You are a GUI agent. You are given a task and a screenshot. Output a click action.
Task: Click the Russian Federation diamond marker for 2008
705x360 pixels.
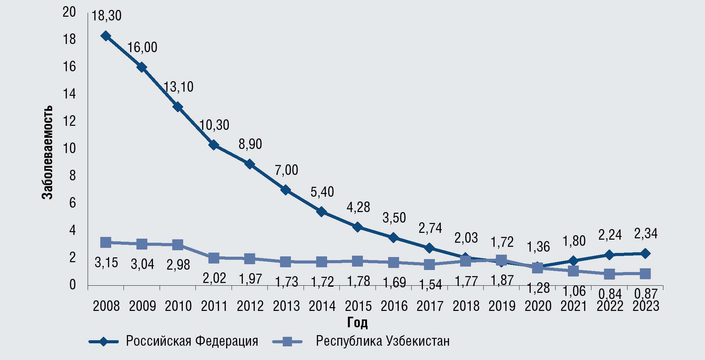click(x=106, y=36)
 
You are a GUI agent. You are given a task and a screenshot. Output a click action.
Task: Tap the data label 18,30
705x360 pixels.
click(x=106, y=16)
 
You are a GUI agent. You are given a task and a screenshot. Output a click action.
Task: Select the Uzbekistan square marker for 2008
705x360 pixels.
click(x=106, y=242)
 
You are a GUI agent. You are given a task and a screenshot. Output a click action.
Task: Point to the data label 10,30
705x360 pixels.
click(x=214, y=125)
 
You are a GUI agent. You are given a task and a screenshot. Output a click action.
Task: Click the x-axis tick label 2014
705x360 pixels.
click(x=322, y=306)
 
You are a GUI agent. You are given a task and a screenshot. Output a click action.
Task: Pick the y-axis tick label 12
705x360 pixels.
click(x=69, y=121)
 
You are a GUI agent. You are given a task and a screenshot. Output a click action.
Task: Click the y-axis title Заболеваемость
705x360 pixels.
click(x=47, y=152)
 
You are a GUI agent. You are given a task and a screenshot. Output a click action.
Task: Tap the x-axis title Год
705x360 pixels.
click(x=357, y=322)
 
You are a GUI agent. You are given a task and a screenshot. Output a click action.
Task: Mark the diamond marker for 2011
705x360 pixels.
click(x=214, y=145)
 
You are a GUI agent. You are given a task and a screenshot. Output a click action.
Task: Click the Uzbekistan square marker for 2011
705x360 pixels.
click(x=214, y=258)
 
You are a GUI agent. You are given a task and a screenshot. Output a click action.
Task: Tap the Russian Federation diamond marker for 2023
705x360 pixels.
click(x=645, y=254)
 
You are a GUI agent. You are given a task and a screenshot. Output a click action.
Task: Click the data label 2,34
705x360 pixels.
click(x=646, y=234)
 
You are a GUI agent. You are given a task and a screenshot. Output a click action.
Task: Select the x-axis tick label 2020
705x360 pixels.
click(x=538, y=306)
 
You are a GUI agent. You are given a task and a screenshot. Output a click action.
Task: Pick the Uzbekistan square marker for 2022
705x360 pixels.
click(x=609, y=274)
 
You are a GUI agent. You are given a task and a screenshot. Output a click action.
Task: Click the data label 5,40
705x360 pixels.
click(x=322, y=192)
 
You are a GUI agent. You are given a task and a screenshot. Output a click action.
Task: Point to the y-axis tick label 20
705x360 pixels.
click(x=69, y=12)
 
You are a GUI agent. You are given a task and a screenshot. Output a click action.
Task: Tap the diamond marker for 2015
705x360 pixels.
click(x=357, y=227)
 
